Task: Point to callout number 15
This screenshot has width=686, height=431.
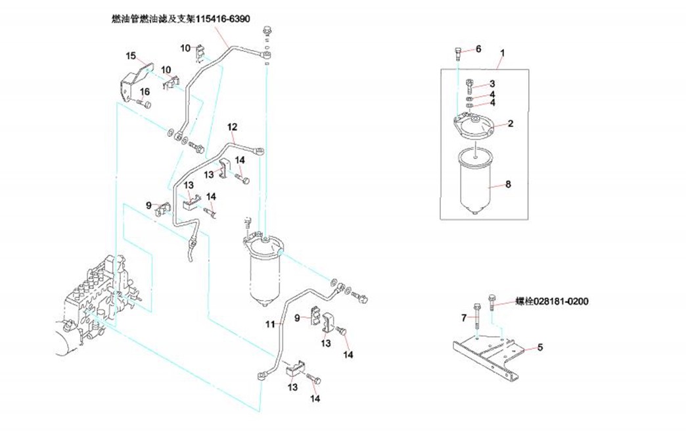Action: pyautogui.click(x=130, y=55)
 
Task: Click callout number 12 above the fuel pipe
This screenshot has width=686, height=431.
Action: pyautogui.click(x=232, y=126)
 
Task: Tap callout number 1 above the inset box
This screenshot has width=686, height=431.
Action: pyautogui.click(x=503, y=52)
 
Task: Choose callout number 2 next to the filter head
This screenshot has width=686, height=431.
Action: pyautogui.click(x=510, y=123)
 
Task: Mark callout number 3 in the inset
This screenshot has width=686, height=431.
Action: pyautogui.click(x=492, y=84)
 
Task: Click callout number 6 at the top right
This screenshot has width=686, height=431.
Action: pyautogui.click(x=478, y=49)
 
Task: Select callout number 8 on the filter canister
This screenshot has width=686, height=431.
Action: pyautogui.click(x=507, y=185)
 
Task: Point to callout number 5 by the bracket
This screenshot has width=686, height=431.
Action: pyautogui.click(x=539, y=347)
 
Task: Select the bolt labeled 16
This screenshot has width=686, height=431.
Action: pyautogui.click(x=145, y=103)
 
